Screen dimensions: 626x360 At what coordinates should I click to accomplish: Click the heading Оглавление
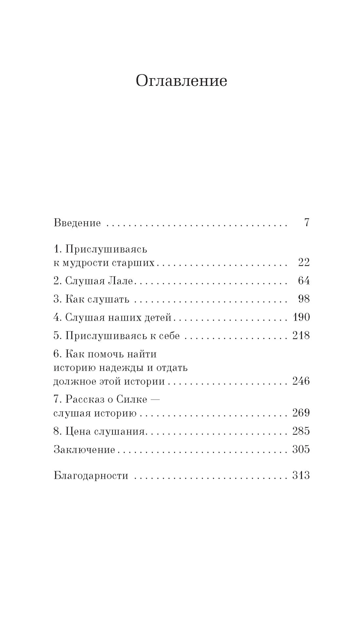click(181, 81)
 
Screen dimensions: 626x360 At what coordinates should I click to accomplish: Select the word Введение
click(77, 223)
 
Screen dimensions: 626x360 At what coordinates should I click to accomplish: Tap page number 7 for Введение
click(307, 223)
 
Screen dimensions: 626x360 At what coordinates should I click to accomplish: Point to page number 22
click(304, 262)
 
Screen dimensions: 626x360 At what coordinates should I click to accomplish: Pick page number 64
click(304, 281)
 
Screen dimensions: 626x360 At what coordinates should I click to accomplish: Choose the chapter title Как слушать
click(97, 299)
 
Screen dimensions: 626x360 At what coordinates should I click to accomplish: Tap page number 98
click(304, 299)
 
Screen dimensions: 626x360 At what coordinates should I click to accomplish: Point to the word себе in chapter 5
click(169, 336)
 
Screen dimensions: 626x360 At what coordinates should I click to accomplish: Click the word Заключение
click(84, 450)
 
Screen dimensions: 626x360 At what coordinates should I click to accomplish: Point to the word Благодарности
click(91, 475)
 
